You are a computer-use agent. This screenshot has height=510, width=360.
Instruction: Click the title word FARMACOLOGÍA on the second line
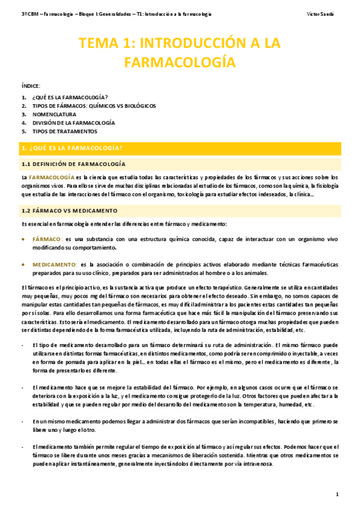180,61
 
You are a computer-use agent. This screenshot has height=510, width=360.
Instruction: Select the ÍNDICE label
31,87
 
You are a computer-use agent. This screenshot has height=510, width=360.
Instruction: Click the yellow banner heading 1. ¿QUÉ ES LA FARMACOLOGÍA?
72,147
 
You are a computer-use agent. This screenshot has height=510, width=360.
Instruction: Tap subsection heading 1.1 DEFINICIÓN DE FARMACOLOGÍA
73,164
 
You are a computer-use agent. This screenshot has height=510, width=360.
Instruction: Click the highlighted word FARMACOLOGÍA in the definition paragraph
52,177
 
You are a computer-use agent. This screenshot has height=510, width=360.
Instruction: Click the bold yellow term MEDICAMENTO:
55,265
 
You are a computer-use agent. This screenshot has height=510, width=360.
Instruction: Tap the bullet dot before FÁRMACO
23,239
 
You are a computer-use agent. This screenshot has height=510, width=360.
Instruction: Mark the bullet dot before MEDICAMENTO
23,265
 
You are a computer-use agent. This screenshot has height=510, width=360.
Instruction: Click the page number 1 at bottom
338,494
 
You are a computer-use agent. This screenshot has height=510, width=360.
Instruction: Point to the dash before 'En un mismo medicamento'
22,422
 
